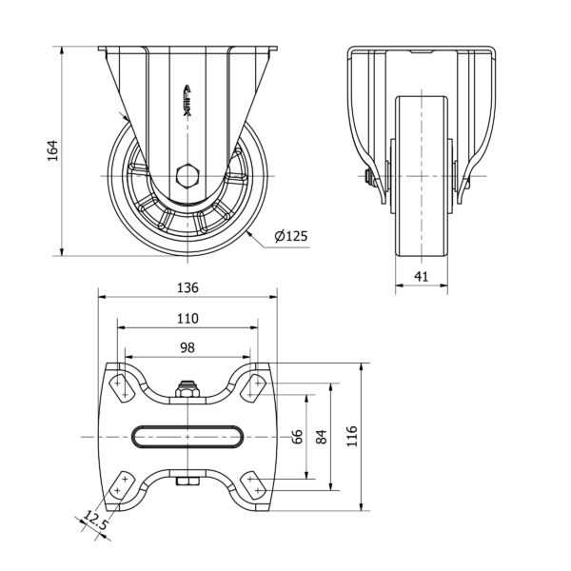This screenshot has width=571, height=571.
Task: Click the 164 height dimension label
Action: tap(52, 150)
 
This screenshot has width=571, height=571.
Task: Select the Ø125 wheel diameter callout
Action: tap(291, 236)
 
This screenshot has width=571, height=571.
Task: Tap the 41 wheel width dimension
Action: tap(422, 276)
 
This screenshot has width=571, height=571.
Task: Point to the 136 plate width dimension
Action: tap(187, 287)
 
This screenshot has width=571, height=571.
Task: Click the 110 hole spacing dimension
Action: tap(187, 319)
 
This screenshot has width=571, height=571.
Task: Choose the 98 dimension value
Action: tap(187, 347)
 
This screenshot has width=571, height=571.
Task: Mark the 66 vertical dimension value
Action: tap(297, 437)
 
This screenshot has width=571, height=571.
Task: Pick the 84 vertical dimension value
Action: tap(322, 437)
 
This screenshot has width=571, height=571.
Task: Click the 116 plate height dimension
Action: tap(352, 436)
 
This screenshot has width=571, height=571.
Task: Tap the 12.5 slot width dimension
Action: tap(95, 520)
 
